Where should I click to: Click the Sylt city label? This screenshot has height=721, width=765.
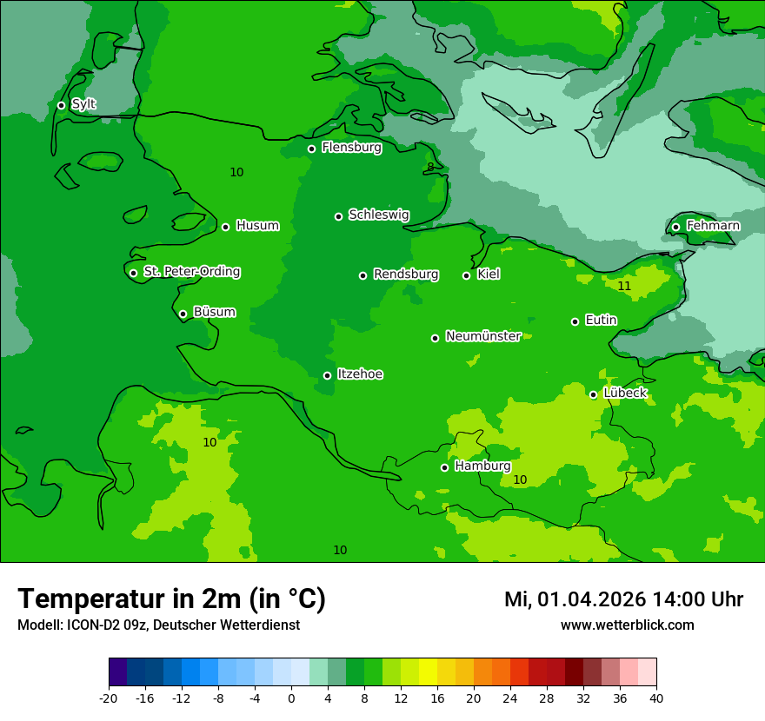[83, 104]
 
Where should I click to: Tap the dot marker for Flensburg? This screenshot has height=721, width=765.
[311, 149]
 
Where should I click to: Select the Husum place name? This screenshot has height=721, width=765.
[257, 226]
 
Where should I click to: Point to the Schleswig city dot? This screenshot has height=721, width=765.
[338, 216]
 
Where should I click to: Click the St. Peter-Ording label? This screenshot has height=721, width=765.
[191, 272]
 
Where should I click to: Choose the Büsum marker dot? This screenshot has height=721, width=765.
[183, 314]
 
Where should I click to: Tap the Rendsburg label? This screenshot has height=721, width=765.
[406, 275]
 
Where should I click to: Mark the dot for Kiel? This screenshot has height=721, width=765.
[466, 275]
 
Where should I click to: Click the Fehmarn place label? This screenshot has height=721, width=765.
[713, 226]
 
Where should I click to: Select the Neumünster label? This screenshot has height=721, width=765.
[483, 336]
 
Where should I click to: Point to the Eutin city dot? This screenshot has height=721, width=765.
[575, 321]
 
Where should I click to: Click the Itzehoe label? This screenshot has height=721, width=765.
[360, 374]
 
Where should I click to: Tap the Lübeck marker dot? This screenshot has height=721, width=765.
[593, 394]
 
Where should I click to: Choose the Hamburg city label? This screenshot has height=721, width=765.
[482, 466]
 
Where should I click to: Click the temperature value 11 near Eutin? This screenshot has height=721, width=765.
[624, 286]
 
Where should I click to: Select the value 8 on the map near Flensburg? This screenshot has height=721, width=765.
[429, 168]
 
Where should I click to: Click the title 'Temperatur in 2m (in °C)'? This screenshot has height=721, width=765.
[171, 599]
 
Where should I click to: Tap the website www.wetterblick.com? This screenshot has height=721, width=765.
[627, 625]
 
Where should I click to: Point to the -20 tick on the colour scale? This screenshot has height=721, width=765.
[109, 698]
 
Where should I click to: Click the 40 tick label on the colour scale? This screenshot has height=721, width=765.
[656, 698]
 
